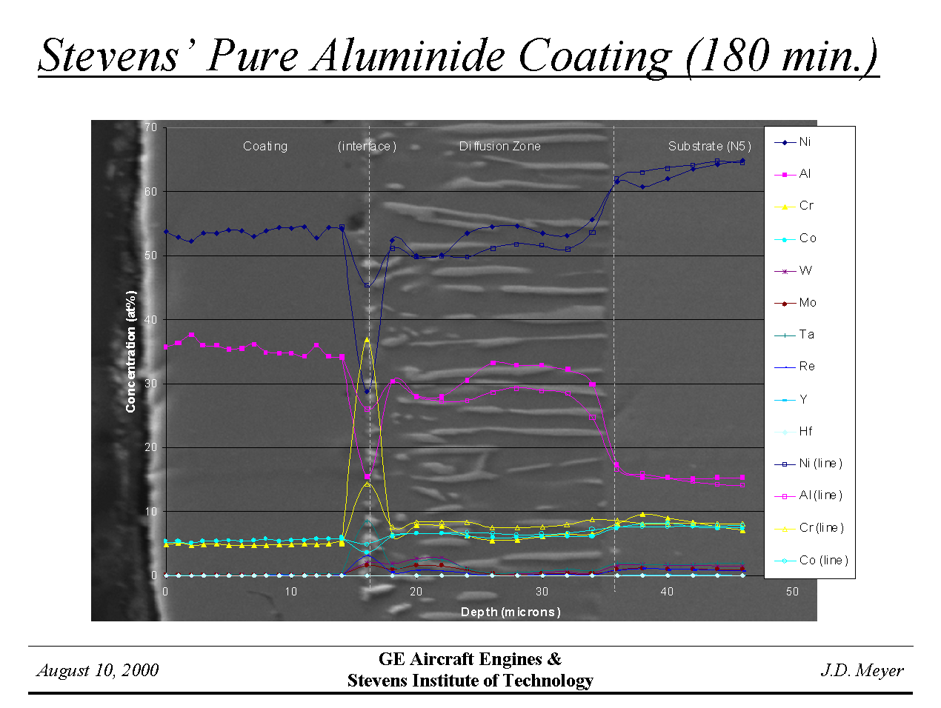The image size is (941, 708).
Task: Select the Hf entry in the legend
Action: coord(805,431)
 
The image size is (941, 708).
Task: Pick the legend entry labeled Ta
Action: coord(806,335)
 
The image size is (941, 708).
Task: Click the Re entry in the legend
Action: coord(807,367)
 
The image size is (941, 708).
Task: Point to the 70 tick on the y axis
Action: coord(151,127)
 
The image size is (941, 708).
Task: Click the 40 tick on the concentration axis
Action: coord(151,319)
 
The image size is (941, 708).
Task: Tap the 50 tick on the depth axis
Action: coord(792,592)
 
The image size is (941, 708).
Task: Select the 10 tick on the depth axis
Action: coord(290,592)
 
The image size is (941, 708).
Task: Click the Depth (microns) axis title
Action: coord(511,612)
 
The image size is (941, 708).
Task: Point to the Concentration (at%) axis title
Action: coord(131,351)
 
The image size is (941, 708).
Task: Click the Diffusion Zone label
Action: coord(499,146)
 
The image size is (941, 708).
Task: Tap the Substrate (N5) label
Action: coord(709,146)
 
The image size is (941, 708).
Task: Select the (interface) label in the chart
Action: coord(367,146)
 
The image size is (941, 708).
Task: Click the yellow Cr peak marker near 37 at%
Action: coord(367,340)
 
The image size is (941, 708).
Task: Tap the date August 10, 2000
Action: coord(98,670)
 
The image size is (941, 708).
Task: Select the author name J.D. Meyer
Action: coord(862,670)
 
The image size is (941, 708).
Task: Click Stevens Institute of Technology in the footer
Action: coord(470,681)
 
